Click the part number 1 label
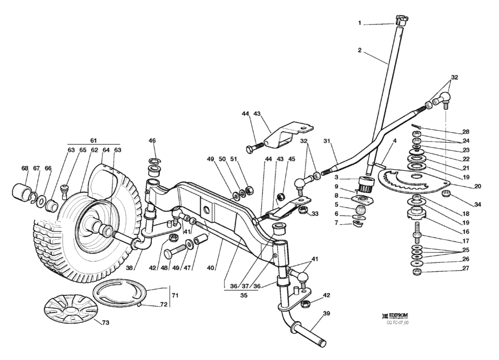(359, 23)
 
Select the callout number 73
(105, 322)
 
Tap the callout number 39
(326, 314)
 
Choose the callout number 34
(478, 205)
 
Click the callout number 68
(24, 169)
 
